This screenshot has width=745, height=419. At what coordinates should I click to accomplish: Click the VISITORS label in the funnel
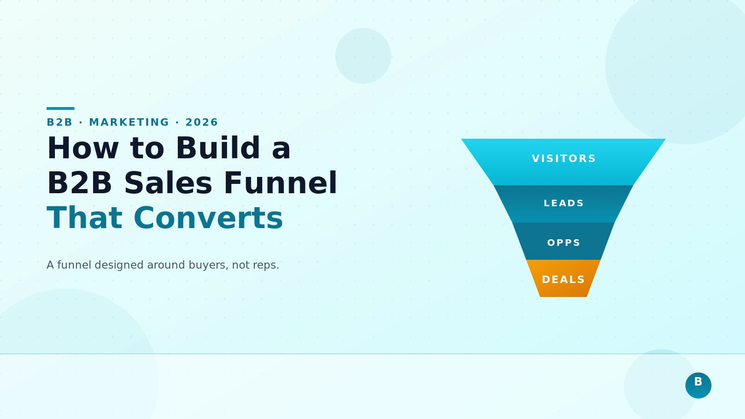pyautogui.click(x=563, y=159)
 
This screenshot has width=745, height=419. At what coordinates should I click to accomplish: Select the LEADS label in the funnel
pyautogui.click(x=563, y=203)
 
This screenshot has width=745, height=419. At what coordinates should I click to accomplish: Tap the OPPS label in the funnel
pyautogui.click(x=563, y=243)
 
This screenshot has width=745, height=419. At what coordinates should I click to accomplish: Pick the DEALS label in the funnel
pyautogui.click(x=563, y=280)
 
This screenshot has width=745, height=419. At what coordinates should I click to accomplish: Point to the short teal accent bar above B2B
pyautogui.click(x=61, y=108)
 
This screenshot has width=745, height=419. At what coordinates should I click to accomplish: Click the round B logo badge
pyautogui.click(x=698, y=385)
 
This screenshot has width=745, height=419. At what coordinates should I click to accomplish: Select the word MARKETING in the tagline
pyautogui.click(x=129, y=122)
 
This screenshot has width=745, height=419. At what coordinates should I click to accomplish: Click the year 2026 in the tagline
pyautogui.click(x=202, y=122)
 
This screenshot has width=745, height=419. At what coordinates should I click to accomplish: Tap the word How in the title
pyautogui.click(x=83, y=149)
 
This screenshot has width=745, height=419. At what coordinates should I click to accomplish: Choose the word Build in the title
pyautogui.click(x=217, y=149)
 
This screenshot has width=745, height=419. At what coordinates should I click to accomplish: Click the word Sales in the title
pyautogui.click(x=168, y=183)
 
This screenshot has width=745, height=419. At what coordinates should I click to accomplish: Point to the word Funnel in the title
pyautogui.click(x=280, y=183)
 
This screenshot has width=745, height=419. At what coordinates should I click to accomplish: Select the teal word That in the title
pyautogui.click(x=84, y=218)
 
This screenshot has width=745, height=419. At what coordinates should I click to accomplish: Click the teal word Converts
pyautogui.click(x=208, y=218)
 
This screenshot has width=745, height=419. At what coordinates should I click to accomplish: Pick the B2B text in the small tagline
pyautogui.click(x=60, y=122)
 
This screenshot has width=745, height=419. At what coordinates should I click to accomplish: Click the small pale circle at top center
pyautogui.click(x=363, y=56)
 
